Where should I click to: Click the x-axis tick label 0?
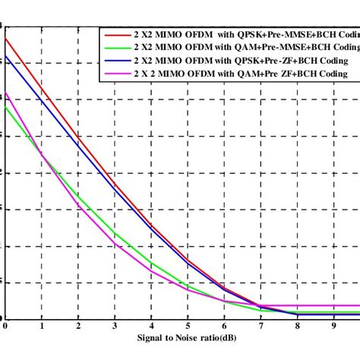pos(5,325)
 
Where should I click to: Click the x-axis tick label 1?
pos(42,325)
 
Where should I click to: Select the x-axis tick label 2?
pos(78,325)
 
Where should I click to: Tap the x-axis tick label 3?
pos(115,325)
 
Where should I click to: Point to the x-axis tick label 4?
pos(151,325)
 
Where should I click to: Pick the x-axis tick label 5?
pos(188,325)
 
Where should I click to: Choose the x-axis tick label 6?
pos(224,325)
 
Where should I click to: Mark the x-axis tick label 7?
pos(261,325)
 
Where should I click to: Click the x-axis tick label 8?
pos(297,325)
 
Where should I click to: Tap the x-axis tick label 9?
pos(333,325)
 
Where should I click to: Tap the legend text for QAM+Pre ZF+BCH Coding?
pos(240,73)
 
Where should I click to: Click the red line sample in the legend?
pos(116,33)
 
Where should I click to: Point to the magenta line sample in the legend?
pos(116,73)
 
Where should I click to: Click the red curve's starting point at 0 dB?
pos(5,38)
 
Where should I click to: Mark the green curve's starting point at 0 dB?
pos(5,106)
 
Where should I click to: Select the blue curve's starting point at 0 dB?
pos(5,55)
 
